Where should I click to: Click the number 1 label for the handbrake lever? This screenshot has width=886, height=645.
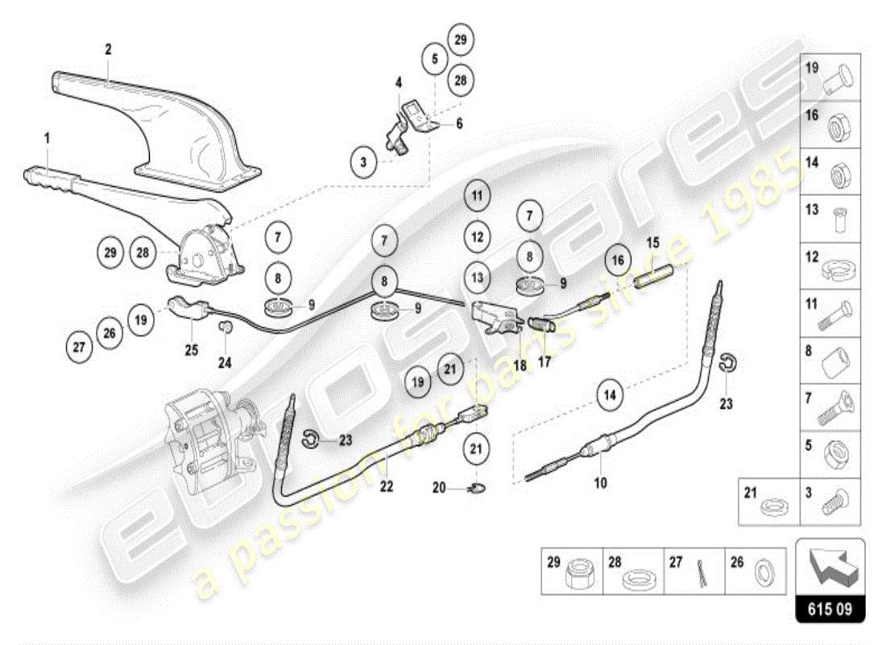pos(47,139)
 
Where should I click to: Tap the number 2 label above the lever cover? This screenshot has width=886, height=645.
pos(108,49)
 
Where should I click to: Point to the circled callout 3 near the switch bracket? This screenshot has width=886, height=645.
pos(363,162)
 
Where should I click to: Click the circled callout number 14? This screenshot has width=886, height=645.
pos(611,396)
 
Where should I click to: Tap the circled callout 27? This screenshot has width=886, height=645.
pos(79,347)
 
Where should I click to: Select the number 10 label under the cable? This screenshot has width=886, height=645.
pos(600,484)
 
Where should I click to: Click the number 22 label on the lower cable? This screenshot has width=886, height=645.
pos(387,485)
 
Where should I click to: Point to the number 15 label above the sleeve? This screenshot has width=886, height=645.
pos(652,242)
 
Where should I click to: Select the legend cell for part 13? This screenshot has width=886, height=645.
pos(830,218)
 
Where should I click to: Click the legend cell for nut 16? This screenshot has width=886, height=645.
pos(830,124)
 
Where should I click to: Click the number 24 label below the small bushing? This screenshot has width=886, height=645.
pos(225,362)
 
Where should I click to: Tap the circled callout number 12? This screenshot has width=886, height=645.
pos(477,237)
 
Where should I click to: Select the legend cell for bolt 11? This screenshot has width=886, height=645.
pos(830,314)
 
